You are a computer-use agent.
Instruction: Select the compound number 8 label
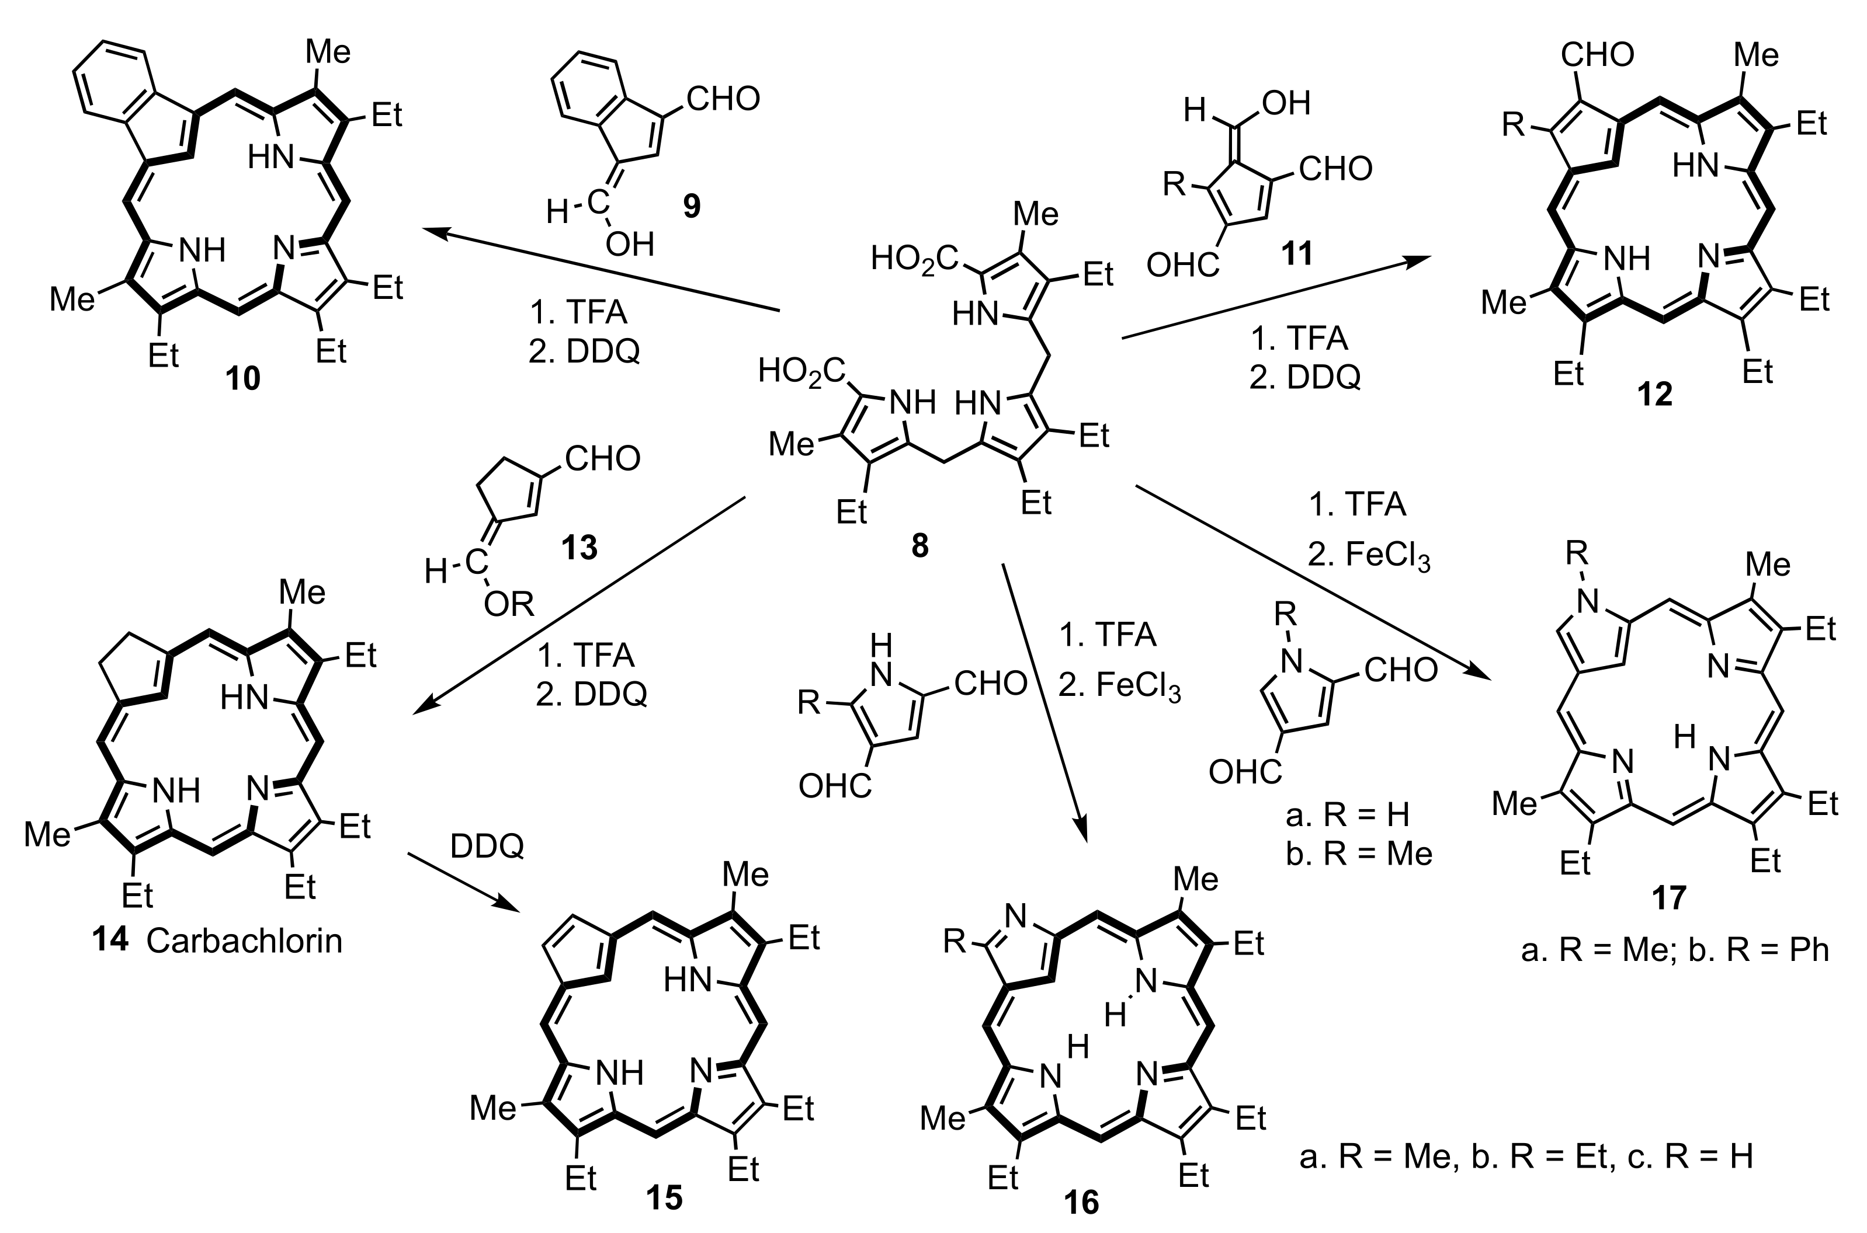pyautogui.click(x=919, y=544)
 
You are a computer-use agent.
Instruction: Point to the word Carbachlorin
pyautogui.click(x=244, y=941)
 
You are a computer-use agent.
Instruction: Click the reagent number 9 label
pyautogui.click(x=691, y=206)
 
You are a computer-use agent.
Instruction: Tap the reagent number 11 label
pyautogui.click(x=1297, y=253)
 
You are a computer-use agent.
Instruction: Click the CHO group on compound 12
pyautogui.click(x=1597, y=55)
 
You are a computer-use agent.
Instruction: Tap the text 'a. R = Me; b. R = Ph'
pyautogui.click(x=1674, y=950)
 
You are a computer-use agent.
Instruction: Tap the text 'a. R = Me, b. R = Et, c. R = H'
pyautogui.click(x=1525, y=1157)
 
